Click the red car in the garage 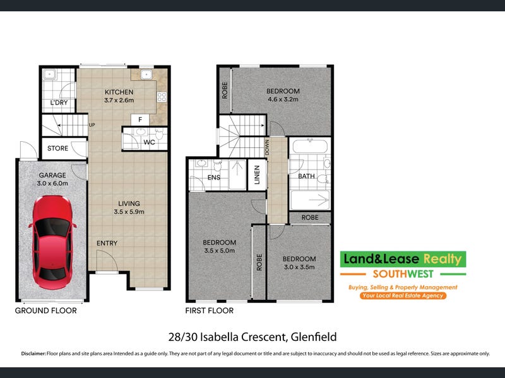click(x=52, y=243)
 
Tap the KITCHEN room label click(x=119, y=92)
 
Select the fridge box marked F click(x=140, y=120)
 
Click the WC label click(x=149, y=142)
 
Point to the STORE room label click(x=57, y=148)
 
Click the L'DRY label click(x=59, y=103)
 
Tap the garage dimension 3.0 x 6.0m click(x=52, y=183)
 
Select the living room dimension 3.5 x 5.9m click(x=129, y=212)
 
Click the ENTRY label click(x=107, y=243)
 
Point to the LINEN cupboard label click(x=257, y=175)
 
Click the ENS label click(x=214, y=178)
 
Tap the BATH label click(x=306, y=176)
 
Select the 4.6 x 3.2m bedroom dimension click(x=283, y=100)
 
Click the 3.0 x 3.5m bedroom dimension click(x=299, y=267)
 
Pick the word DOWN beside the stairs click(x=266, y=147)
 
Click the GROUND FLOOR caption click(x=45, y=311)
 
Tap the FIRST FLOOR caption click(x=210, y=311)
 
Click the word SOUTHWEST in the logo click(x=403, y=274)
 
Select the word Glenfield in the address click(x=314, y=337)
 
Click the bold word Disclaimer click(x=33, y=353)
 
